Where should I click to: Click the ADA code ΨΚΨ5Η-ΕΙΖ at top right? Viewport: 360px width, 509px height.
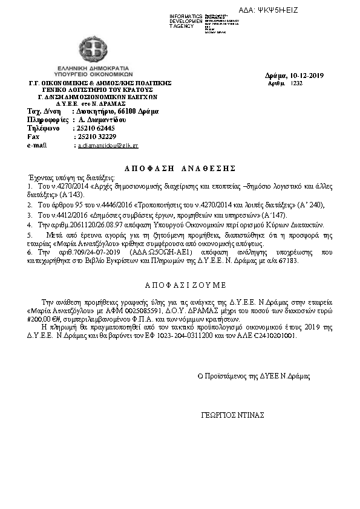click(278, 10)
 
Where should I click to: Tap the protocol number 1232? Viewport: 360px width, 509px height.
click(296, 83)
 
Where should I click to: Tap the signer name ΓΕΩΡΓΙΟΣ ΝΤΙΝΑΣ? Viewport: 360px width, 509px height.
click(232, 416)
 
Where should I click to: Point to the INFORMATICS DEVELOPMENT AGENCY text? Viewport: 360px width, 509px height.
click(186, 21)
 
